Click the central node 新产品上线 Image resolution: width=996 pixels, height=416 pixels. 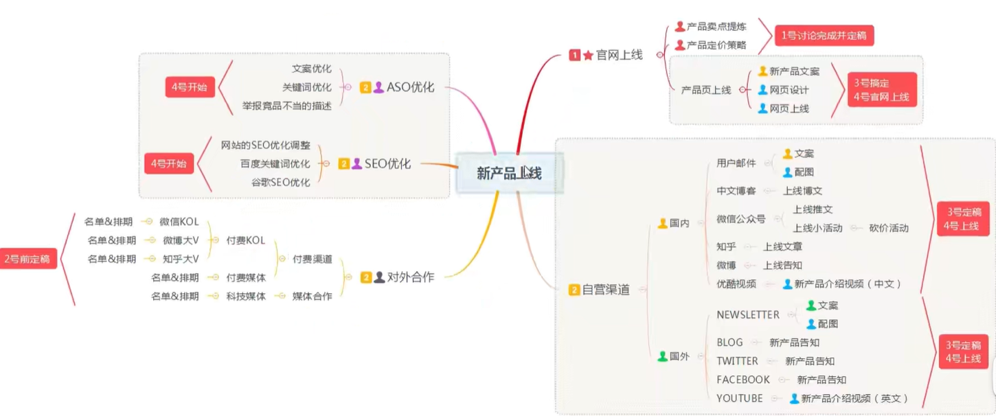(x=509, y=173)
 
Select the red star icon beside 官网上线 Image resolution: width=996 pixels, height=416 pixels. (x=588, y=55)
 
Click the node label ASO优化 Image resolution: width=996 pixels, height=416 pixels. (x=410, y=87)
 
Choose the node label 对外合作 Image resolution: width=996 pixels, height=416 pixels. (x=410, y=277)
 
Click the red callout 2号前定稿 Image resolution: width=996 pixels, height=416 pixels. (x=27, y=259)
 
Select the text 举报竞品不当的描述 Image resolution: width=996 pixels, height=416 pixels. (x=286, y=106)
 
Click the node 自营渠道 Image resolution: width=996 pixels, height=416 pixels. (x=605, y=290)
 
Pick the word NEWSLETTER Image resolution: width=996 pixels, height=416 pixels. (x=747, y=314)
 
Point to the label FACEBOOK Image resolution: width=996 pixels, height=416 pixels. (x=743, y=379)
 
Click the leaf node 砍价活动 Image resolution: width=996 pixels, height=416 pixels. (x=888, y=228)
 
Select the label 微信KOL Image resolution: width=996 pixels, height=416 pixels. (x=179, y=222)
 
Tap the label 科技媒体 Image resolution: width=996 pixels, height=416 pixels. (x=246, y=296)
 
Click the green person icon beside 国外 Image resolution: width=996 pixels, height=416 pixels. (x=662, y=356)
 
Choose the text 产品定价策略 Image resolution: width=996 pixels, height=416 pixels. (x=716, y=45)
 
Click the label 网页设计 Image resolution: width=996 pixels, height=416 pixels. (x=789, y=90)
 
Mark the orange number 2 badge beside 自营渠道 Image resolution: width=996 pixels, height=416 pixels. (x=574, y=290)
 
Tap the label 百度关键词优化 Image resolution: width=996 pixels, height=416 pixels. (x=275, y=163)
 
